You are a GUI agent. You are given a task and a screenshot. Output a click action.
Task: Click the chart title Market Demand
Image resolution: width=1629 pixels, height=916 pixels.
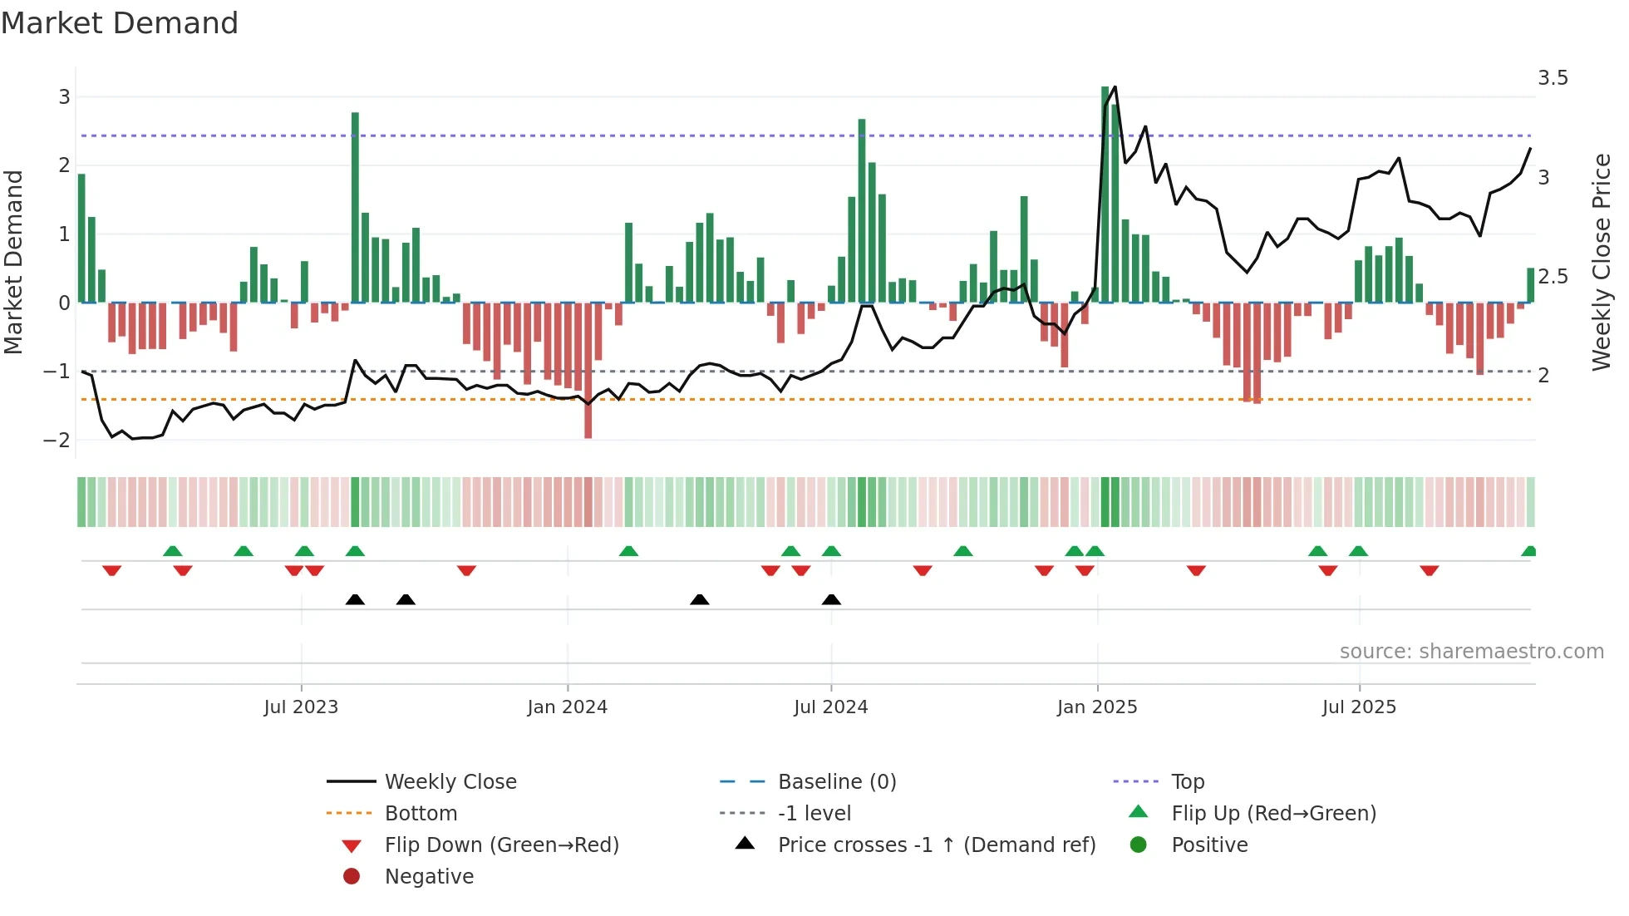(x=120, y=23)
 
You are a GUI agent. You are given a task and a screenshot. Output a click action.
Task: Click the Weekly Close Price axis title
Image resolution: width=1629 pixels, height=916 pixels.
(x=1601, y=262)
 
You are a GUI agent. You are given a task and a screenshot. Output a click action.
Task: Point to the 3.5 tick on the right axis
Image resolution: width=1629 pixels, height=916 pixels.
(x=1553, y=78)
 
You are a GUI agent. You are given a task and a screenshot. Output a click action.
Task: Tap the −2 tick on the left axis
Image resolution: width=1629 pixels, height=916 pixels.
(x=57, y=440)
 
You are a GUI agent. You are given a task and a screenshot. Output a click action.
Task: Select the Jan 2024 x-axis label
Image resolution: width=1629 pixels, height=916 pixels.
(x=567, y=707)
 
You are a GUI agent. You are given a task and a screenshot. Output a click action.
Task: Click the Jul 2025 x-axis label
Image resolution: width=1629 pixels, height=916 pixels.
(x=1359, y=707)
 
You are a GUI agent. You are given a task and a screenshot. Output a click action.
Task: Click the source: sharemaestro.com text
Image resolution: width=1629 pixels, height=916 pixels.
(x=1471, y=652)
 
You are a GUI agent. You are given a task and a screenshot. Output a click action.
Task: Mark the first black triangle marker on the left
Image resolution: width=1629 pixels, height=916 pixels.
(x=355, y=600)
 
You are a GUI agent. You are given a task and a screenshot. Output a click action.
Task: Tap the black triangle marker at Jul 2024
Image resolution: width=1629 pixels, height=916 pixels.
(x=831, y=600)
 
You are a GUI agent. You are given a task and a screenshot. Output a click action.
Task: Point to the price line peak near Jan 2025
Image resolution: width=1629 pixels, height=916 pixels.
(x=1115, y=87)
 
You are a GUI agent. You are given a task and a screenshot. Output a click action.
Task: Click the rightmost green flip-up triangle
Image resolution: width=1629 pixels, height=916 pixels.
(x=1528, y=551)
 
